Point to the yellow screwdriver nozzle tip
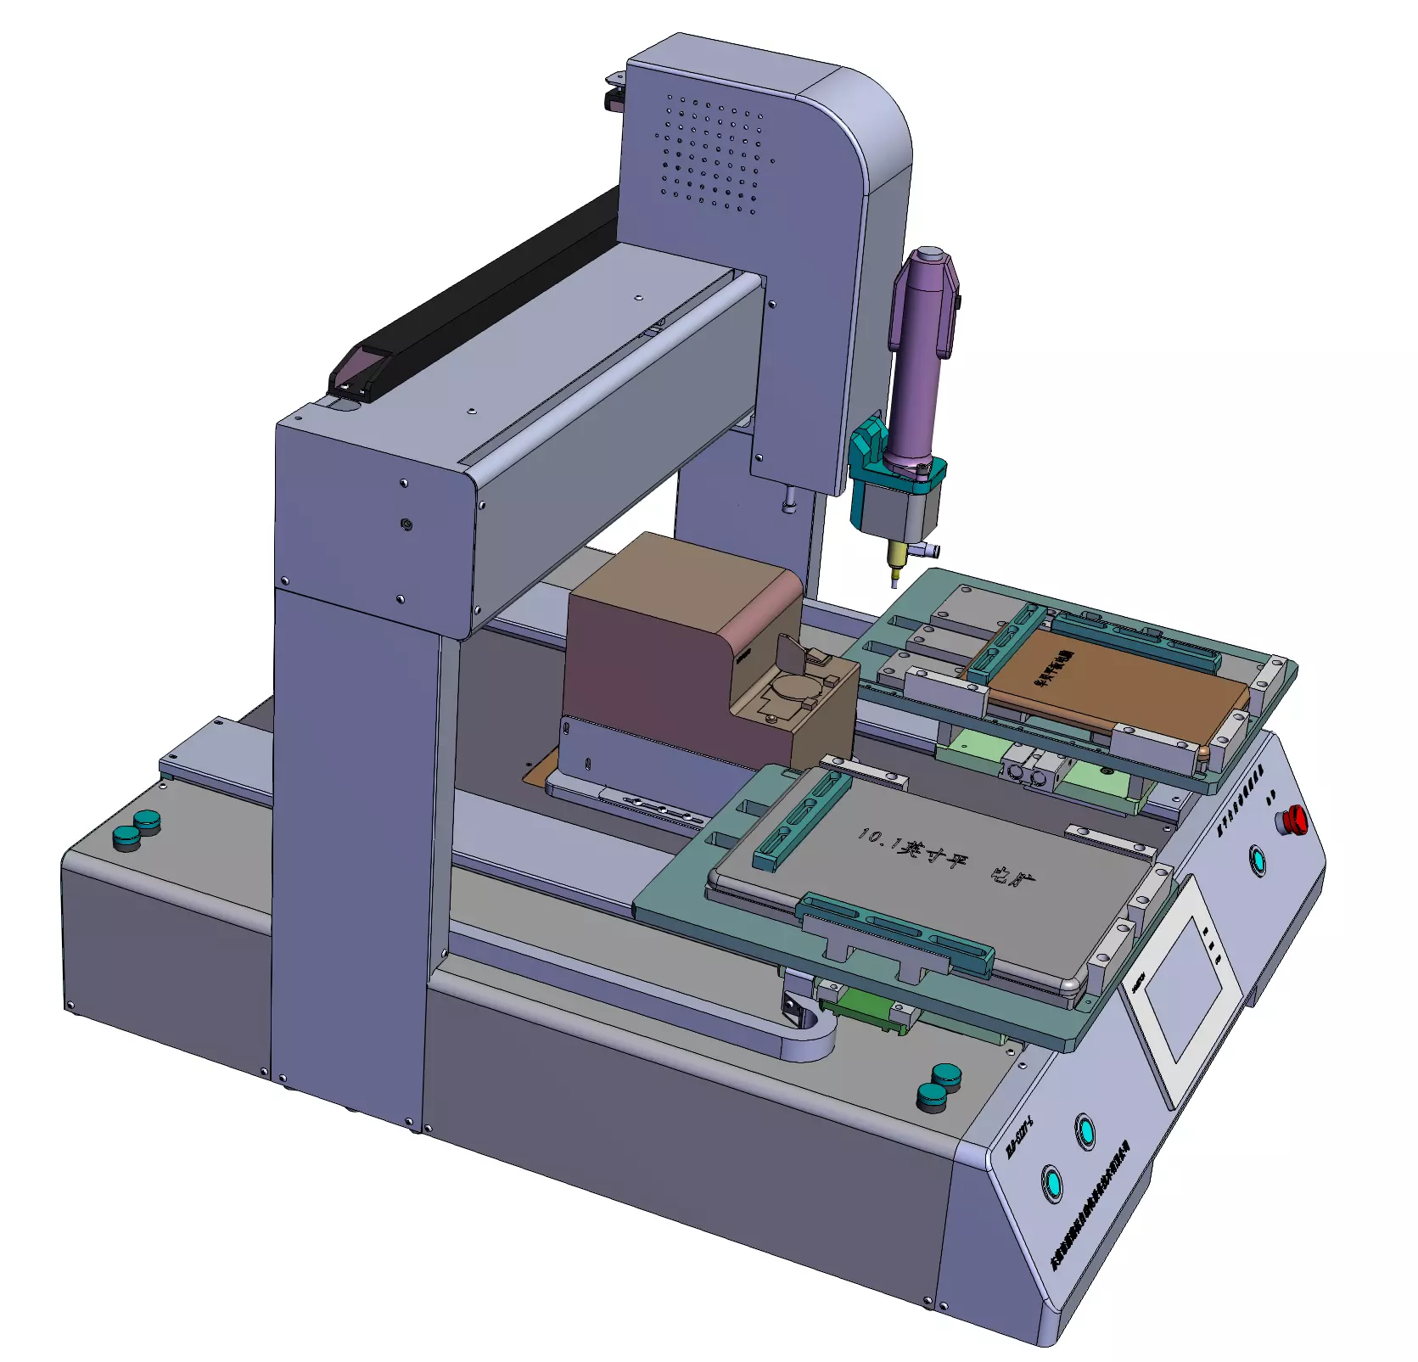[894, 575]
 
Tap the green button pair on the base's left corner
[136, 829]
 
